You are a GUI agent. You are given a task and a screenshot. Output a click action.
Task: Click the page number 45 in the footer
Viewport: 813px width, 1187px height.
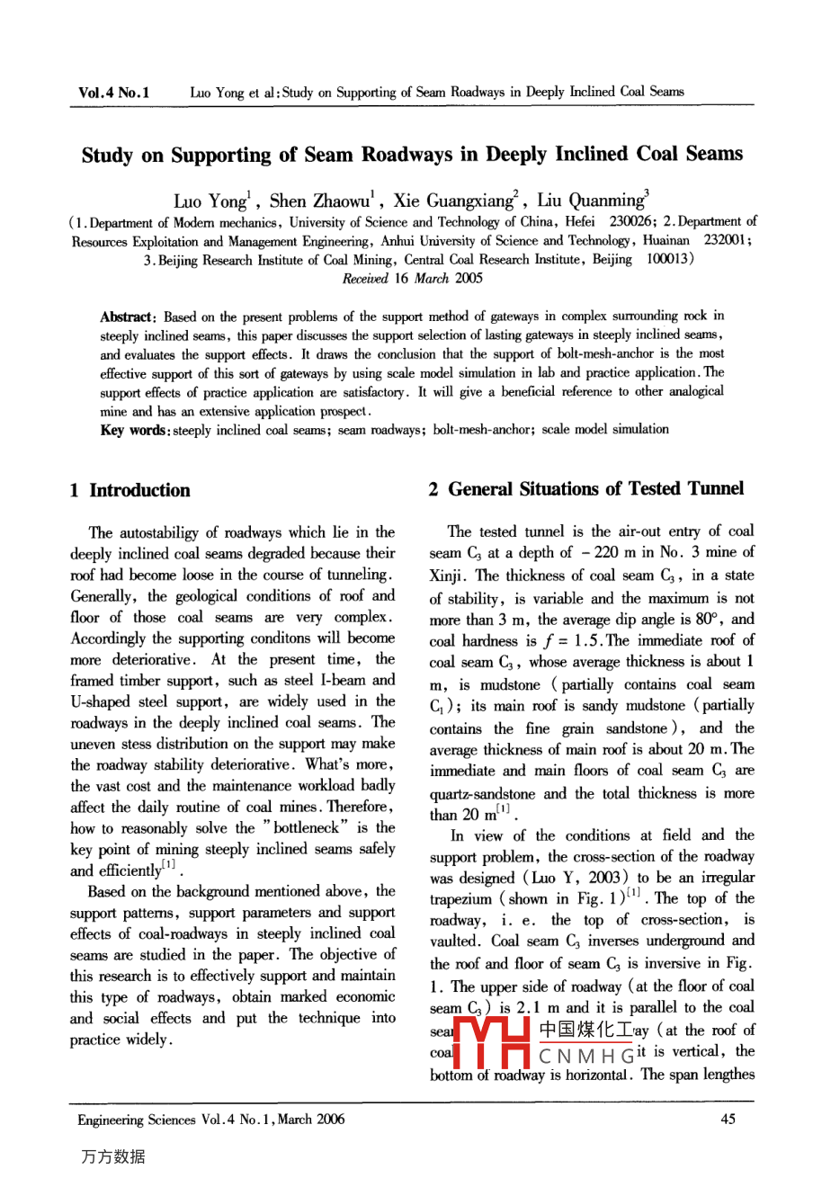pyautogui.click(x=728, y=1119)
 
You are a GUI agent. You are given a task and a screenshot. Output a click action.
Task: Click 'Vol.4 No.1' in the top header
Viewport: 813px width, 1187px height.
pyautogui.click(x=114, y=92)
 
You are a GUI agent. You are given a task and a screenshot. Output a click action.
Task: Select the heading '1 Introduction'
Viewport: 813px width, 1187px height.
pyautogui.click(x=130, y=490)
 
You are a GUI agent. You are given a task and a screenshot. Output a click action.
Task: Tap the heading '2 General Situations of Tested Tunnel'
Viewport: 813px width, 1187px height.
pyautogui.click(x=586, y=488)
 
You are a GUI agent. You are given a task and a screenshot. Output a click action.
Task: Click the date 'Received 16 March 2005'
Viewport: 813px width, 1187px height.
pyautogui.click(x=413, y=278)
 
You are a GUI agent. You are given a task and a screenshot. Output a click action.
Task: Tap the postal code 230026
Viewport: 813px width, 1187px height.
pyautogui.click(x=630, y=221)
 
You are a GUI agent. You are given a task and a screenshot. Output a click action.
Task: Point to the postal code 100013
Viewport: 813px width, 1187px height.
pyautogui.click(x=668, y=259)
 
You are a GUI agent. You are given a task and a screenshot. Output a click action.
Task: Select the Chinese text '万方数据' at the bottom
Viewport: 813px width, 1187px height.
pyautogui.click(x=112, y=1156)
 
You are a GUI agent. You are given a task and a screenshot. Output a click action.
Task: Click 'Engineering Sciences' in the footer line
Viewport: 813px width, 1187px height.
pyautogui.click(x=136, y=1120)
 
